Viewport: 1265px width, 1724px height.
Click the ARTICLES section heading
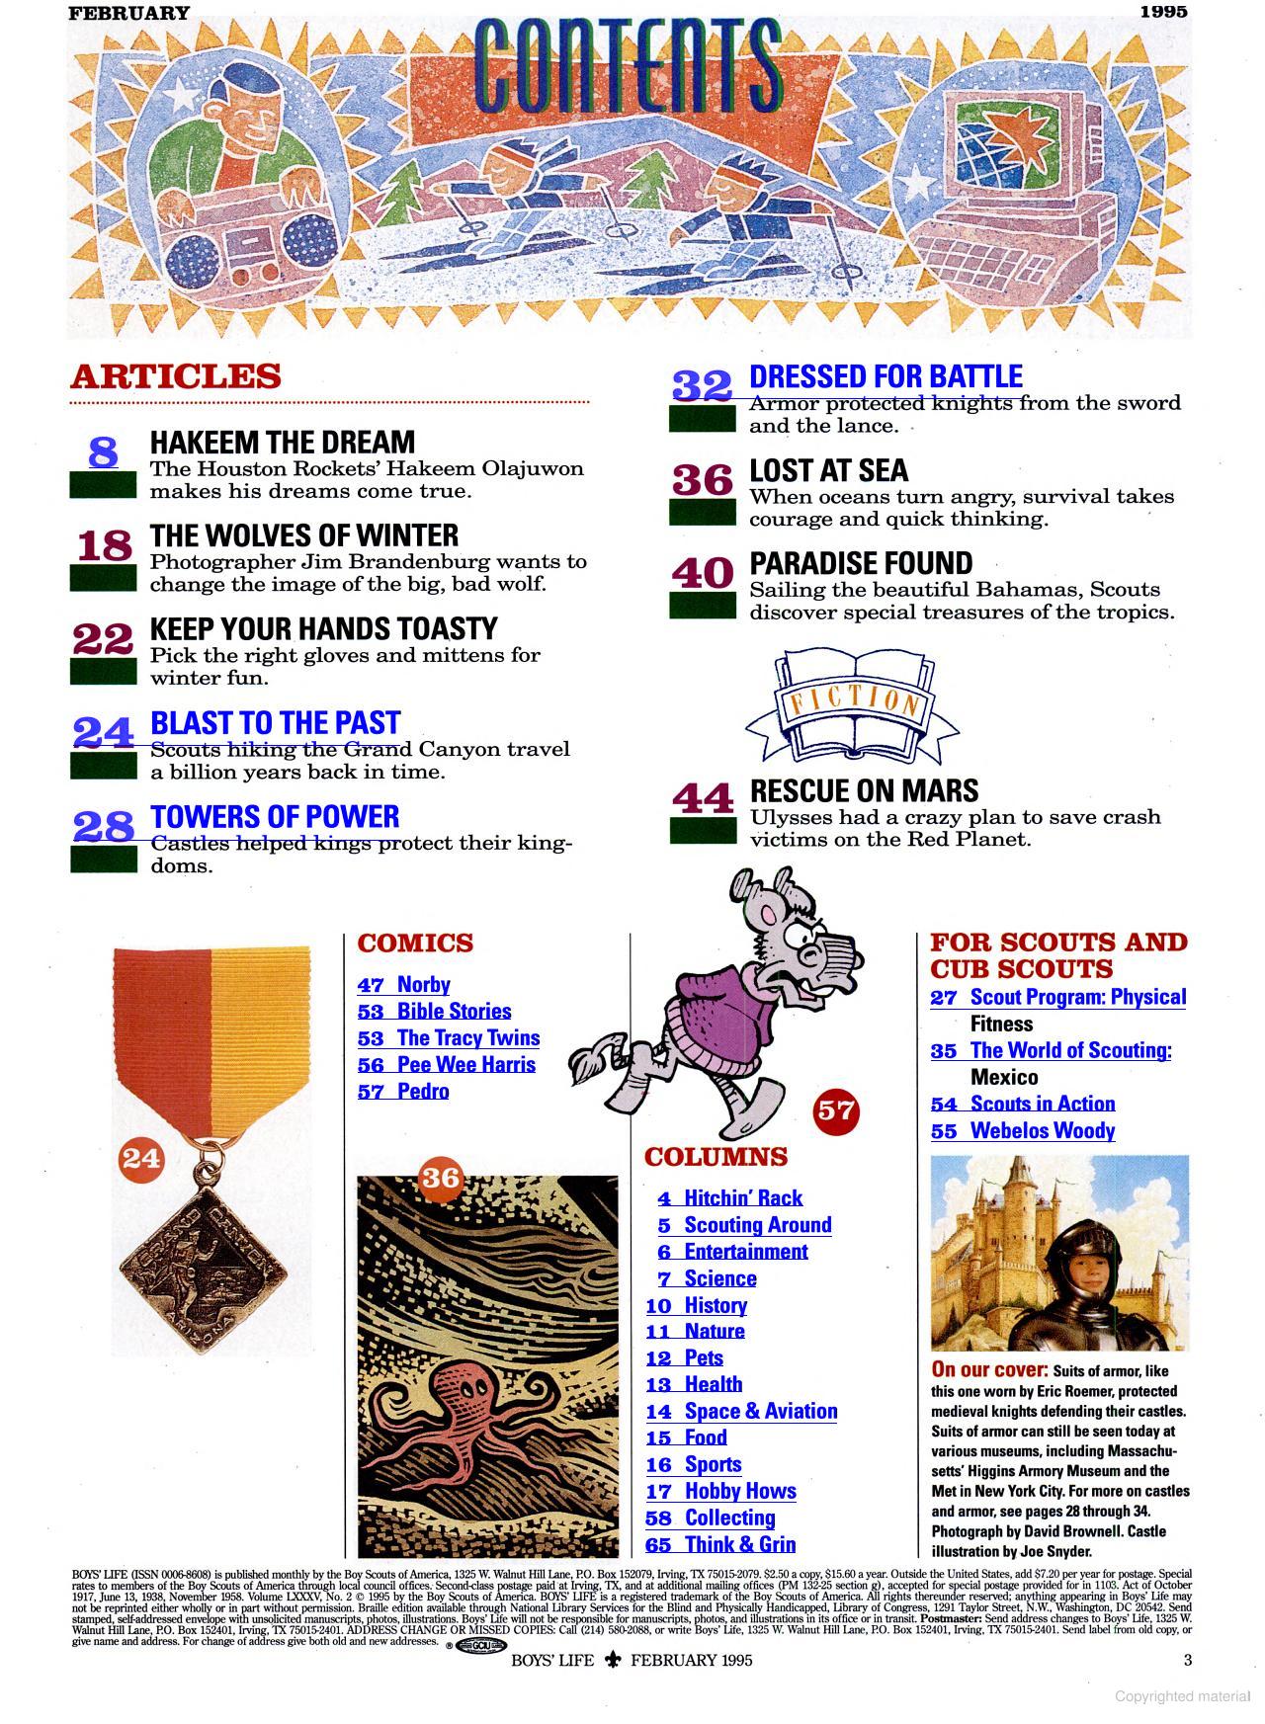176,376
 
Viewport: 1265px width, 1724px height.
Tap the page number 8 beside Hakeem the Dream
103,452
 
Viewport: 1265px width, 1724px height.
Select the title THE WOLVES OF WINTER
303,535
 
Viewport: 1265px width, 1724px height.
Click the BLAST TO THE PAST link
275,722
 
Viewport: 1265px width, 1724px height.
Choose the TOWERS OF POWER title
275,817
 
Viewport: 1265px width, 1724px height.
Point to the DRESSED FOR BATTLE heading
885,376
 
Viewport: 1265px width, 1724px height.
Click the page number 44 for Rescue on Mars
702,798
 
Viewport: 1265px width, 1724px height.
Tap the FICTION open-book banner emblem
853,703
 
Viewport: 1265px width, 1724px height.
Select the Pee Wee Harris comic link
447,1064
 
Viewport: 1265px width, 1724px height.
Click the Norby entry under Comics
404,984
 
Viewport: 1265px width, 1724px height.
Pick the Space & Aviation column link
741,1411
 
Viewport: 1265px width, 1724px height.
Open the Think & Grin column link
720,1544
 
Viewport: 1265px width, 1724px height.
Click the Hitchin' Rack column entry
730,1197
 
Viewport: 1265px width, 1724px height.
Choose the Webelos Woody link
1023,1130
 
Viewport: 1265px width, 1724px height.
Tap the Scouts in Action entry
1023,1104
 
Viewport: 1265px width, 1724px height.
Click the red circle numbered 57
835,1110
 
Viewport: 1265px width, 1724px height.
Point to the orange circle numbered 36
441,1178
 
